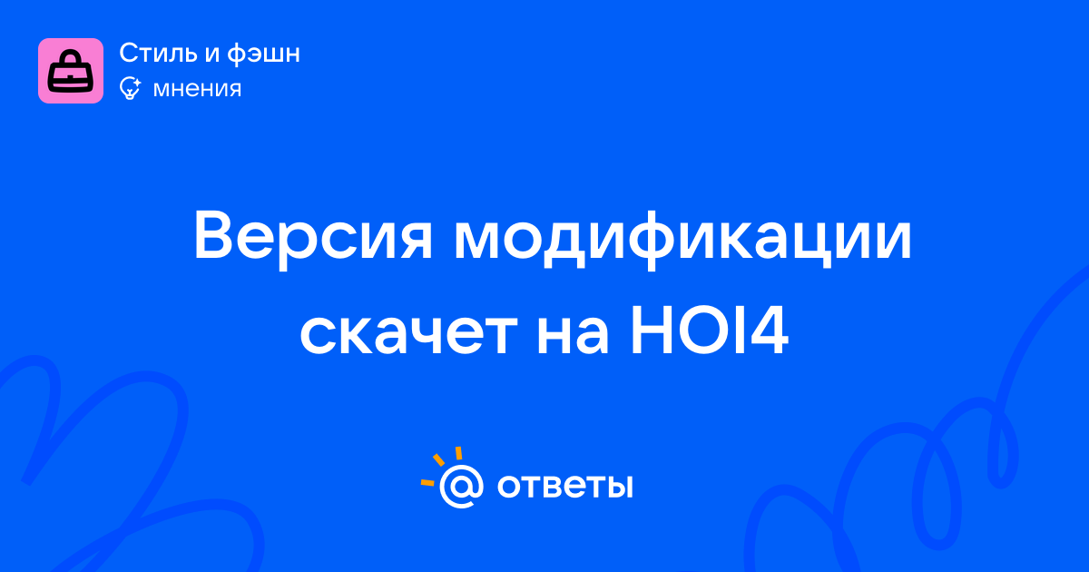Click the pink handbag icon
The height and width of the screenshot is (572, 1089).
[x=71, y=71]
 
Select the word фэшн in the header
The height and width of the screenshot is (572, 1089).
[x=263, y=54]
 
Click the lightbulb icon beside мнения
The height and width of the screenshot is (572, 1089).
[x=130, y=88]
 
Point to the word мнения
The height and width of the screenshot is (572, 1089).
[x=197, y=89]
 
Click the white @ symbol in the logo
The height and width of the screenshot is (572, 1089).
[x=461, y=486]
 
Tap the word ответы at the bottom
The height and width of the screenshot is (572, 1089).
[x=564, y=486]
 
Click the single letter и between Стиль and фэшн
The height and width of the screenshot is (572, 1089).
[x=212, y=54]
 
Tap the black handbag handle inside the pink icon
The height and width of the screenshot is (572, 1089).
[x=71, y=58]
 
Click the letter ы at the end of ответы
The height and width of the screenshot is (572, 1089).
[x=619, y=487]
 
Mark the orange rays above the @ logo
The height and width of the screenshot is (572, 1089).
[x=441, y=466]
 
